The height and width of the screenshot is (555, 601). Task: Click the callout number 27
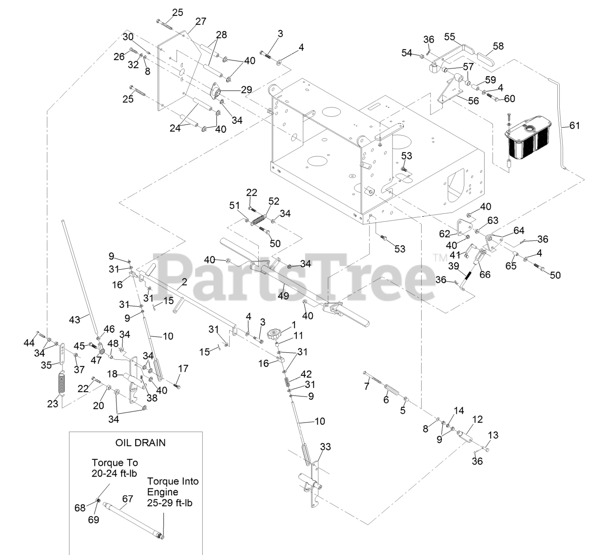pyautogui.click(x=201, y=22)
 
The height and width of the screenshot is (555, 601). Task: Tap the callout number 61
pyautogui.click(x=574, y=125)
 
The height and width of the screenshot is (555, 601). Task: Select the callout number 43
pyautogui.click(x=75, y=319)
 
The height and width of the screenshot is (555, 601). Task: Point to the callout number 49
pyautogui.click(x=284, y=296)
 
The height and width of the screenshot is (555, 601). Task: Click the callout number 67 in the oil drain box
pyautogui.click(x=127, y=499)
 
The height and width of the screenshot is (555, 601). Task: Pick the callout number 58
pyautogui.click(x=498, y=46)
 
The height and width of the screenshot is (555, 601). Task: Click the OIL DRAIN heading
pyautogui.click(x=140, y=443)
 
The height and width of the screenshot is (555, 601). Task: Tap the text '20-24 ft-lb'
pyautogui.click(x=114, y=473)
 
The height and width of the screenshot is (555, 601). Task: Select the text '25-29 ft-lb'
pyautogui.click(x=170, y=502)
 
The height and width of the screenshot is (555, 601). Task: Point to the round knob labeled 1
pyautogui.click(x=275, y=335)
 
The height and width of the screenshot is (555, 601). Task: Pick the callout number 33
pyautogui.click(x=325, y=447)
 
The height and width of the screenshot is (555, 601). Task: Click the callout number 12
pyautogui.click(x=477, y=419)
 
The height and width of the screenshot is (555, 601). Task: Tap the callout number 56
pyautogui.click(x=473, y=101)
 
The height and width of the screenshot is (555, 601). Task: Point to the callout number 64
pyautogui.click(x=519, y=230)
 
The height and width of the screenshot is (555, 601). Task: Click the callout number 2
pyautogui.click(x=185, y=282)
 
